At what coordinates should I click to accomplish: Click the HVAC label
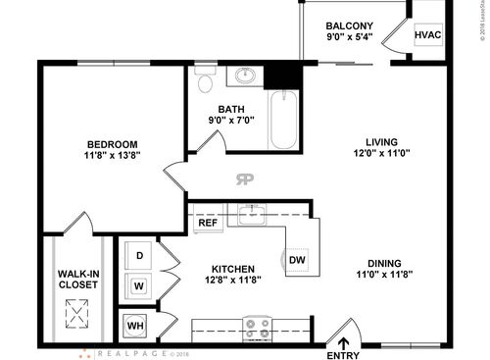(x=428, y=35)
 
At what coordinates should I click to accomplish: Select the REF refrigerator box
(x=208, y=223)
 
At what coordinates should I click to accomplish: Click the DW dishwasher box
(x=298, y=259)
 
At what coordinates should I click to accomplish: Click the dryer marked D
(x=140, y=256)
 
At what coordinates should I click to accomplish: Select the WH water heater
(x=136, y=324)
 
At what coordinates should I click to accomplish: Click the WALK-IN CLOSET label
(x=76, y=278)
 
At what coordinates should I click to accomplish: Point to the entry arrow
(x=344, y=342)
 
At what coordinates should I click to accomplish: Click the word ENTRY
(x=344, y=355)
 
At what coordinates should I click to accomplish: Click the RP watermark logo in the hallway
(x=244, y=179)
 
